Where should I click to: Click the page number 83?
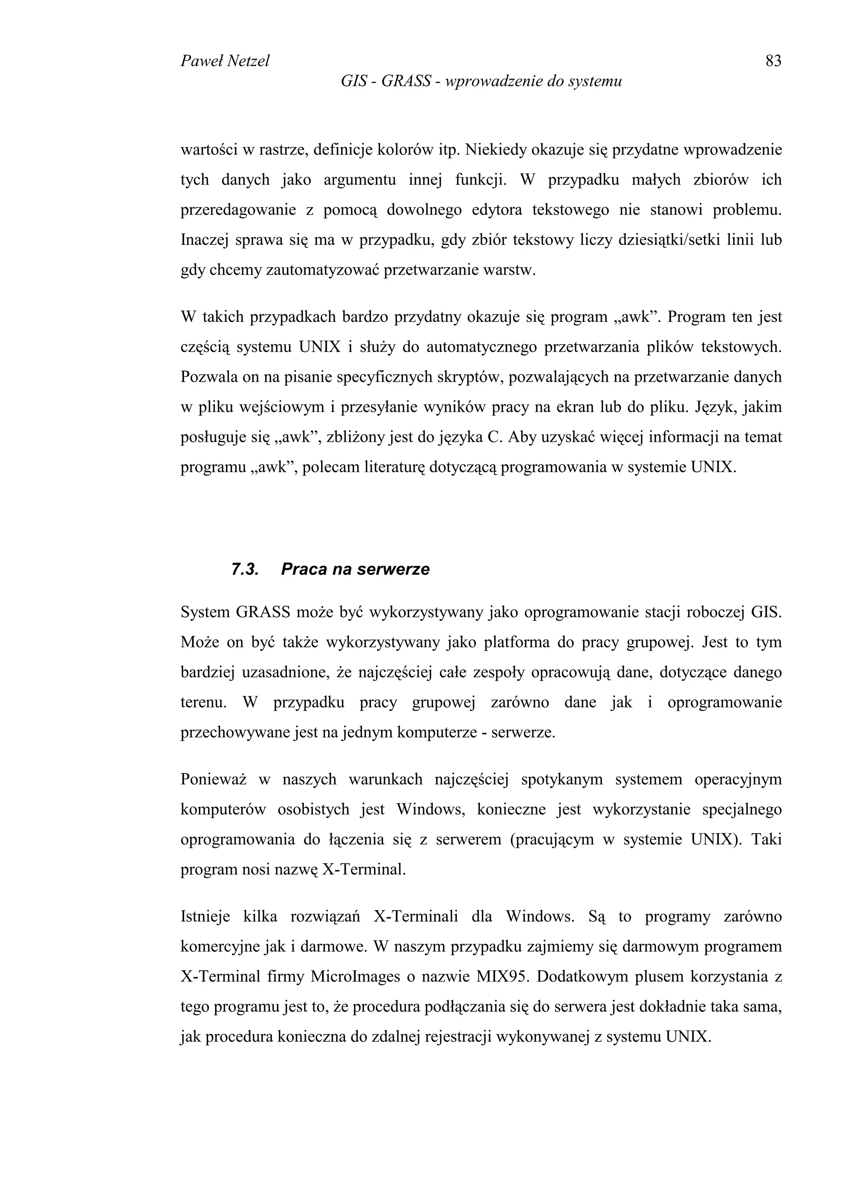773,61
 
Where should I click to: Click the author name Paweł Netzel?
224,61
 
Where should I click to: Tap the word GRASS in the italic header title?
406,81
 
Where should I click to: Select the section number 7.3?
245,569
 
